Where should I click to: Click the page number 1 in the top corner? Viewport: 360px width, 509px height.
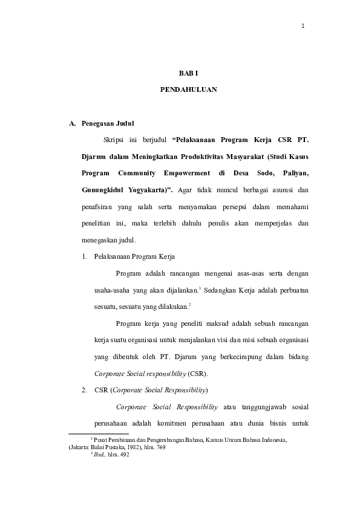point(303,25)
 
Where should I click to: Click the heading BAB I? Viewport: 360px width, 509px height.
point(188,73)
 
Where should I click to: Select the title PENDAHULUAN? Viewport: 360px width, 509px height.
point(188,89)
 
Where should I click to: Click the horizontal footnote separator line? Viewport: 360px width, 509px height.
point(99,433)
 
